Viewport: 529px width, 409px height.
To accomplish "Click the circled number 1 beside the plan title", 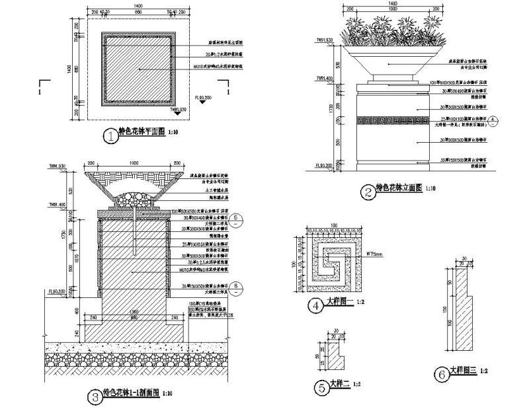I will coord(110,136).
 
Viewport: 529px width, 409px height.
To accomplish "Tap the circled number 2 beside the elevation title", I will coord(368,192).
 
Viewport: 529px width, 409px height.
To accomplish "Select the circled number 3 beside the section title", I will coord(95,396).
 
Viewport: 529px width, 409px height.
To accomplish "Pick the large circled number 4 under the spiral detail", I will coord(316,306).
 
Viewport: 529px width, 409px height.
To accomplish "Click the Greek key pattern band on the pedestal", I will coord(390,120).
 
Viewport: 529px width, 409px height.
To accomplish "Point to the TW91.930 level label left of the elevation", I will coord(324,40).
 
